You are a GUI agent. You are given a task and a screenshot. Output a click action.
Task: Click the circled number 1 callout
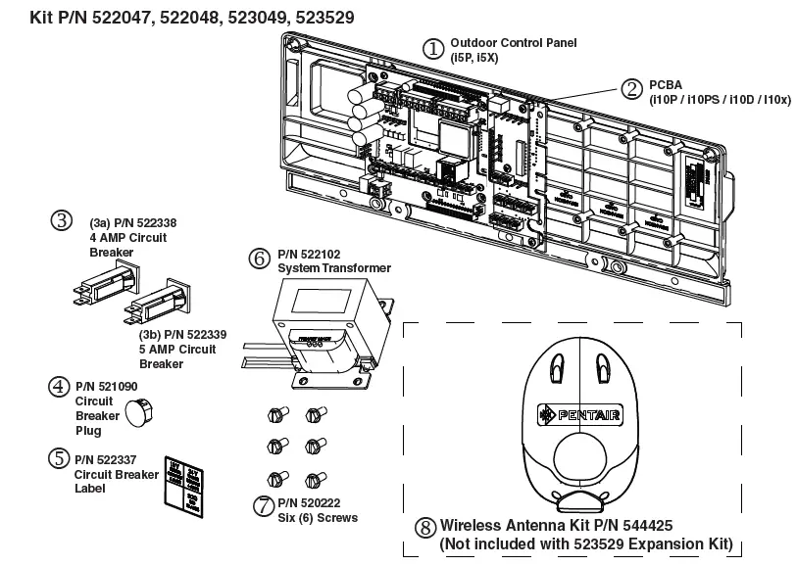click(433, 48)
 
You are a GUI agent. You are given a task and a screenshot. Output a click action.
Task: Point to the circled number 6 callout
click(259, 259)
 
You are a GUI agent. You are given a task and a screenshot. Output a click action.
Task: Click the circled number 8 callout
click(424, 526)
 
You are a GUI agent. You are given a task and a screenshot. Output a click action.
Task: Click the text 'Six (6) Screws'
click(318, 518)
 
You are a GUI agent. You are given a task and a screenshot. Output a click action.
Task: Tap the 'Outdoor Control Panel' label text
click(513, 44)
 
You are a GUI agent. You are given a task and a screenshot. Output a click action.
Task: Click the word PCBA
click(665, 85)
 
